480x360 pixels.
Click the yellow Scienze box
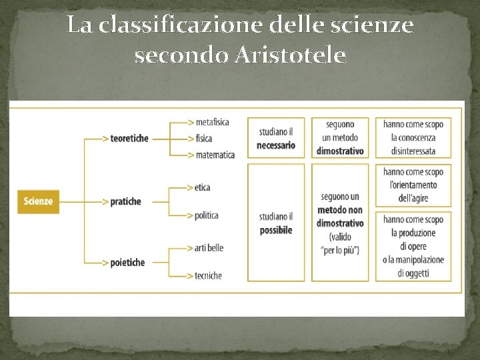coord(38,201)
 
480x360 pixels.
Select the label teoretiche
coord(130,139)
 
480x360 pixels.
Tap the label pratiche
coord(127,201)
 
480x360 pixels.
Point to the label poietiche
coord(128,263)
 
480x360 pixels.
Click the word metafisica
coord(213,122)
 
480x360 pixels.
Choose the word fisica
coord(204,139)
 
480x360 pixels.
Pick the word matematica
coord(215,155)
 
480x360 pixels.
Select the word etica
coord(203,187)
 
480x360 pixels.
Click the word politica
coord(207,215)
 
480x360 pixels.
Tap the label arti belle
coord(210,248)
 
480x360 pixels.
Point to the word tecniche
coord(209,275)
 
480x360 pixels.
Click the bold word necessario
coord(276,145)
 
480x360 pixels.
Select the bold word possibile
coord(276,230)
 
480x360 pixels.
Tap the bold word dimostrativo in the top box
coord(340,151)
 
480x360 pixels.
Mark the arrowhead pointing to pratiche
coord(106,201)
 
